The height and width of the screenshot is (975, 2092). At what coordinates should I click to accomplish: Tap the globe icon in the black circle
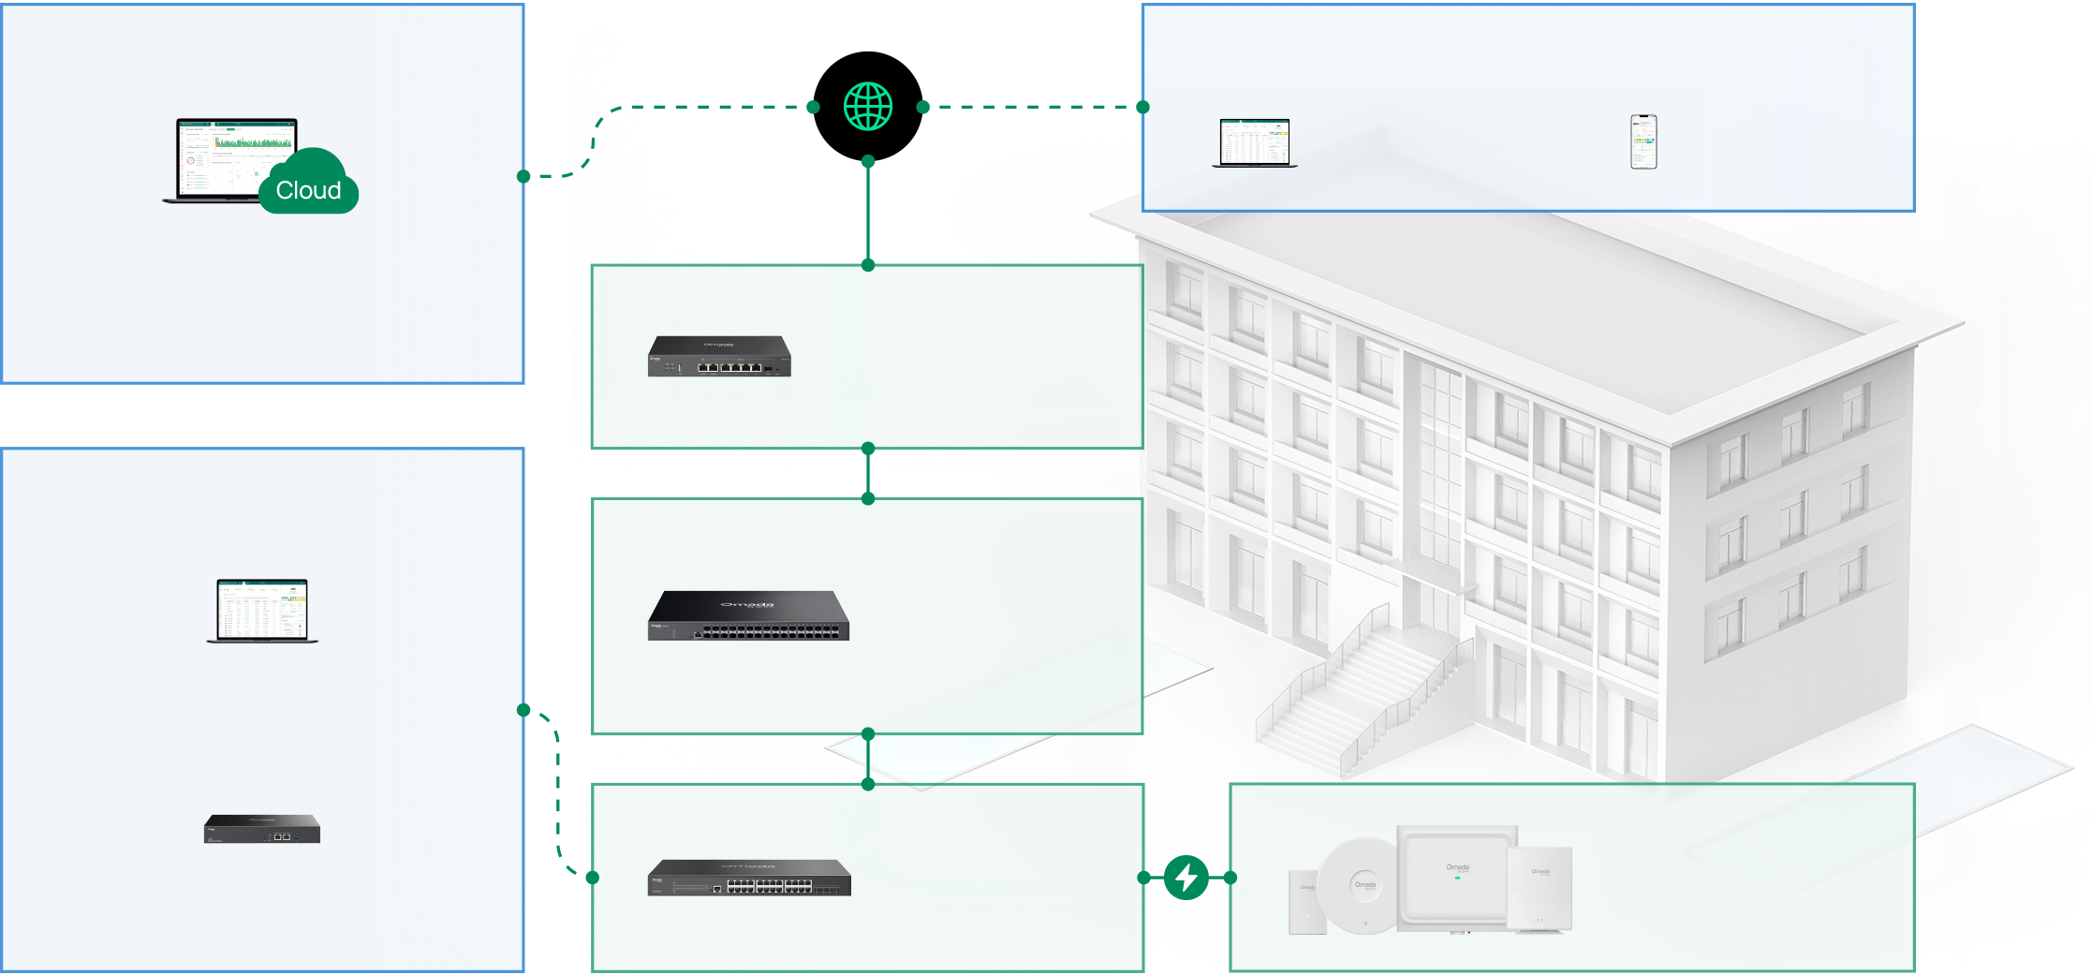pyautogui.click(x=868, y=106)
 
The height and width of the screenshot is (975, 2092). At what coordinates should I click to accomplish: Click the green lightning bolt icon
pyautogui.click(x=1186, y=878)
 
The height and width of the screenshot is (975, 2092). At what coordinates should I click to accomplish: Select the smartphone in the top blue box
pyautogui.click(x=1643, y=141)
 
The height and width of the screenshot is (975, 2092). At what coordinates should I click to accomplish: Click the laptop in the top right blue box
pyautogui.click(x=1255, y=143)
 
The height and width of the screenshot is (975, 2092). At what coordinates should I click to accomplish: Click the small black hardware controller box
pyautogui.click(x=262, y=829)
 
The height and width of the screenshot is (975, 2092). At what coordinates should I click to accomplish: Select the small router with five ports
pyautogui.click(x=719, y=357)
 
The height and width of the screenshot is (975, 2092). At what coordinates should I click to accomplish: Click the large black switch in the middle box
pyautogui.click(x=748, y=616)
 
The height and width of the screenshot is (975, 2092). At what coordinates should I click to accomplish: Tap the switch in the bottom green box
pyautogui.click(x=749, y=878)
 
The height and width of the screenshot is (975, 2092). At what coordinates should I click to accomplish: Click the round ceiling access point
pyautogui.click(x=1363, y=884)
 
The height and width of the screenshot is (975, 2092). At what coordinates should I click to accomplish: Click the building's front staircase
pyautogui.click(x=1358, y=693)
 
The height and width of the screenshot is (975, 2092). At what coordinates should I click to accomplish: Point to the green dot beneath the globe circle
pyautogui.click(x=868, y=161)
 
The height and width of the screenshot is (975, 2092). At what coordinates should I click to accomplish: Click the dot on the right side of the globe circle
pyautogui.click(x=922, y=107)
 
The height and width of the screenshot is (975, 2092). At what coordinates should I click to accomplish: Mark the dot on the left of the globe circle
pyautogui.click(x=813, y=107)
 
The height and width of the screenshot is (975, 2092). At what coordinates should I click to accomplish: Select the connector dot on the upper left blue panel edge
pyautogui.click(x=523, y=176)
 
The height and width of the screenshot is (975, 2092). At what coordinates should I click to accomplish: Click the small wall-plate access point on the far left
pyautogui.click(x=1307, y=903)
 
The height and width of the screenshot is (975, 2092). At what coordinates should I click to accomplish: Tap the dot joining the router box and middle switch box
pyautogui.click(x=868, y=449)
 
